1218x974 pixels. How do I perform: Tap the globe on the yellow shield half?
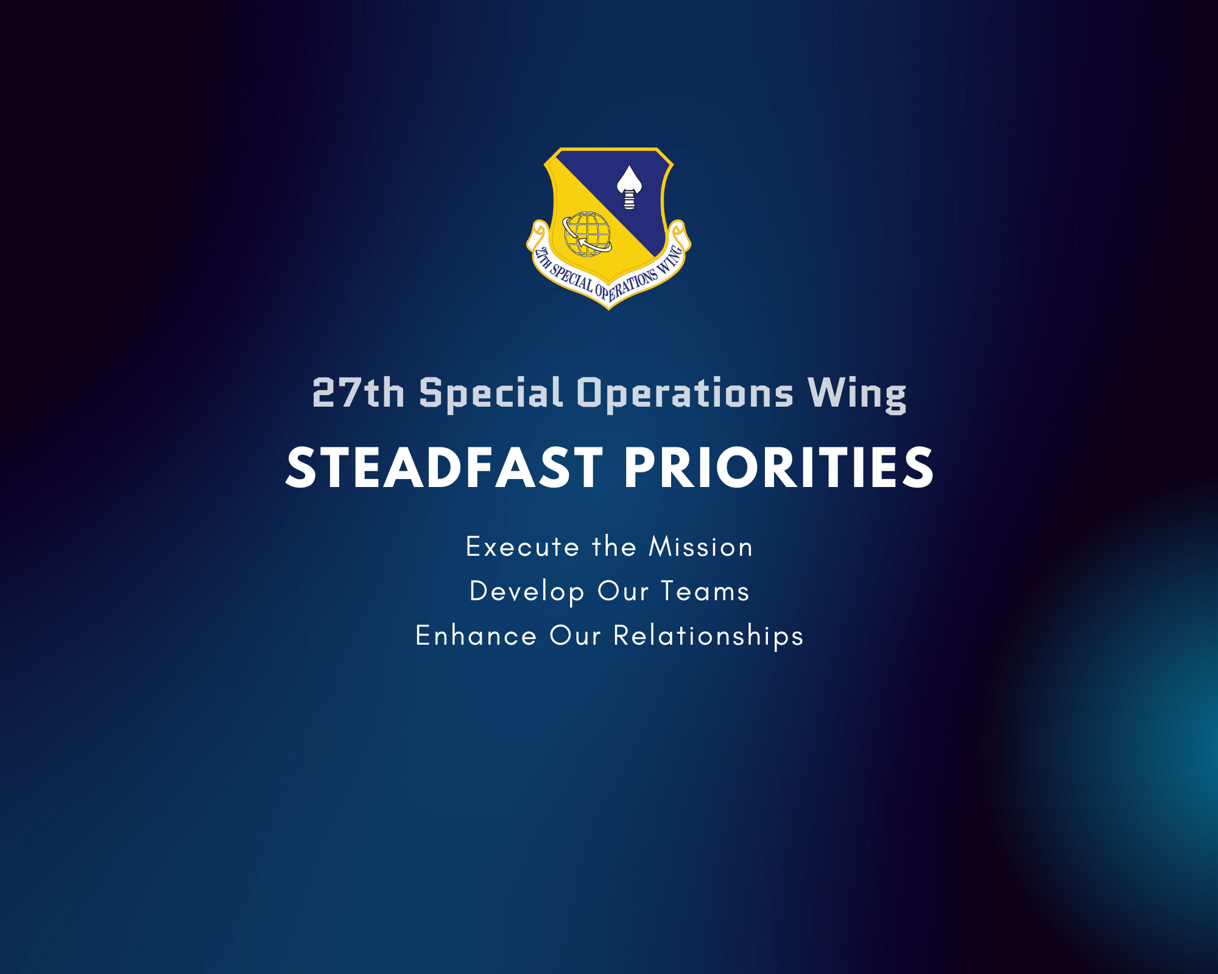coord(587,234)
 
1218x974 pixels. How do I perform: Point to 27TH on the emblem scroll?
coord(543,258)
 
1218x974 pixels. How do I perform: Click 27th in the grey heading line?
coord(358,393)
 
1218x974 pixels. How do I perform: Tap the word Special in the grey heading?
coord(491,394)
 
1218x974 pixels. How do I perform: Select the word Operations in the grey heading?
coord(685,394)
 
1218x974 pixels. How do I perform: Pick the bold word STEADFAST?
coord(445,468)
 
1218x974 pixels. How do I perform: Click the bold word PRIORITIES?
coord(779,468)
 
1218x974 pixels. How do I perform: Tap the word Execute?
coord(523,547)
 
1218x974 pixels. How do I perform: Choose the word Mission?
coord(701,546)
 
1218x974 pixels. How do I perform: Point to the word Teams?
coord(705,591)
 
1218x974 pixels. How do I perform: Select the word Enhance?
coord(476,635)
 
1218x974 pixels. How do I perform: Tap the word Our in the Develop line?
coord(623,591)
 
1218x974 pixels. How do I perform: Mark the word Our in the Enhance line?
coord(576,636)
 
